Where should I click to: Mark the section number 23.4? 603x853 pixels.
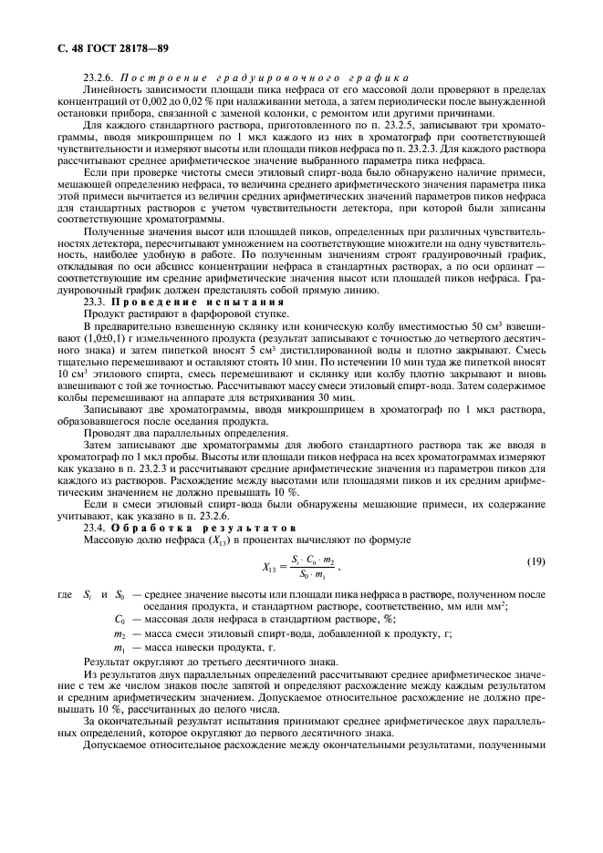click(x=95, y=527)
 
